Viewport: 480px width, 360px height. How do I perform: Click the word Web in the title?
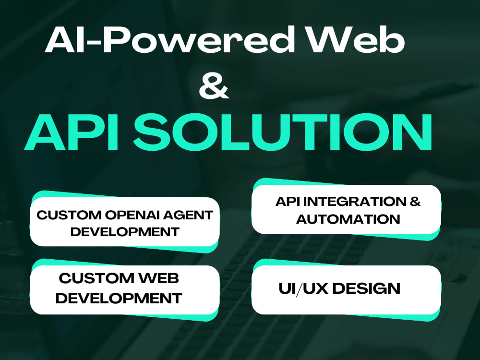356,40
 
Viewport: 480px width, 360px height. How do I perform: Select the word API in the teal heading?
72,132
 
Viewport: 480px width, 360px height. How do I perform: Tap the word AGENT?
188,215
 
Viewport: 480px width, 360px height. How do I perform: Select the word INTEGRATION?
354,202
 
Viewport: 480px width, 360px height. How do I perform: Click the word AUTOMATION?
348,219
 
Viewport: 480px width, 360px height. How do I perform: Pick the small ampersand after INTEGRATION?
415,202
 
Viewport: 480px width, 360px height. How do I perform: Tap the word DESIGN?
366,288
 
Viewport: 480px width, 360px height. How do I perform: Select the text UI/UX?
304,288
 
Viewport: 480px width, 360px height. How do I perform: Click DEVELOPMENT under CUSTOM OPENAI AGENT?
125,232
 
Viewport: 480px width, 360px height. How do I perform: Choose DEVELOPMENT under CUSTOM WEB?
119,298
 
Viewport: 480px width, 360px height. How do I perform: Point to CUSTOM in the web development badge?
96,278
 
